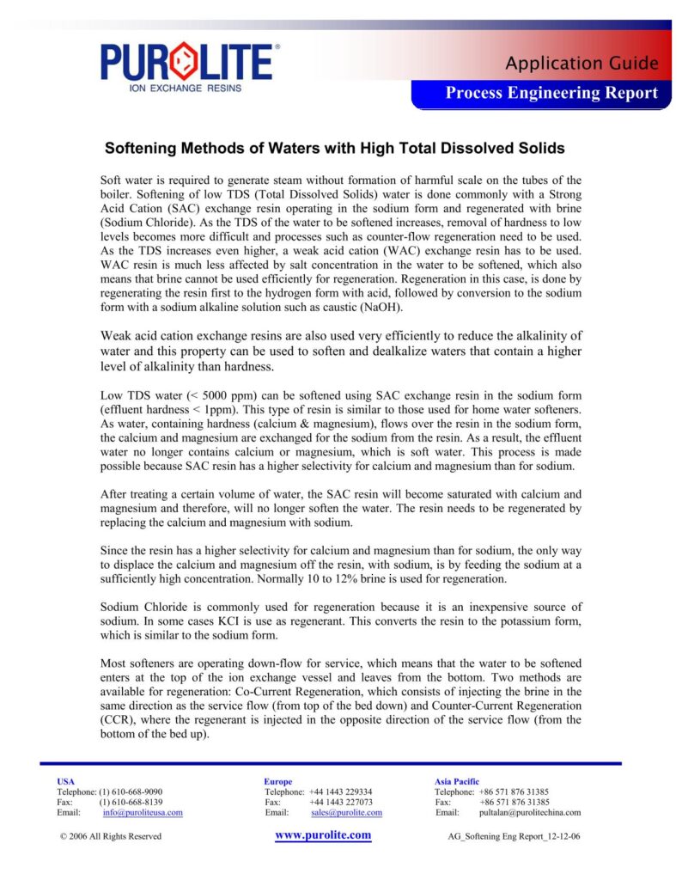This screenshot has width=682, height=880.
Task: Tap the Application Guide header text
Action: click(x=582, y=63)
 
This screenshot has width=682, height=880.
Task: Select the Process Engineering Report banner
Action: click(x=551, y=94)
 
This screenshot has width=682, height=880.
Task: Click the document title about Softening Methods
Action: click(x=334, y=148)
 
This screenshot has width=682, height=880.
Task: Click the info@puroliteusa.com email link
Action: click(x=143, y=812)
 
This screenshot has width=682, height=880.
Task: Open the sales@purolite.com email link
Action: click(x=346, y=812)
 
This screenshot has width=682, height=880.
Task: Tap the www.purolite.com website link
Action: click(x=323, y=835)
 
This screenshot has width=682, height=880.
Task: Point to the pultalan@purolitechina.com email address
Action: click(x=530, y=812)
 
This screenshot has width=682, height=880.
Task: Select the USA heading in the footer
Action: click(x=65, y=781)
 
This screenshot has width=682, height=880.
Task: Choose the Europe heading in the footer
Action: click(x=278, y=781)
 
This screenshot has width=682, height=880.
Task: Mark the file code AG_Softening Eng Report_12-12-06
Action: click(x=515, y=836)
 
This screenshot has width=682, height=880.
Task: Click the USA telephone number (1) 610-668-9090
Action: click(x=131, y=791)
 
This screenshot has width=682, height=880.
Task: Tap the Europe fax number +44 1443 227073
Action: click(x=341, y=802)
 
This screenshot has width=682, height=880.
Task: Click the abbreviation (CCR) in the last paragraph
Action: click(x=119, y=719)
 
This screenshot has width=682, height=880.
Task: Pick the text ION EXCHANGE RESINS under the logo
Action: click(x=185, y=88)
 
